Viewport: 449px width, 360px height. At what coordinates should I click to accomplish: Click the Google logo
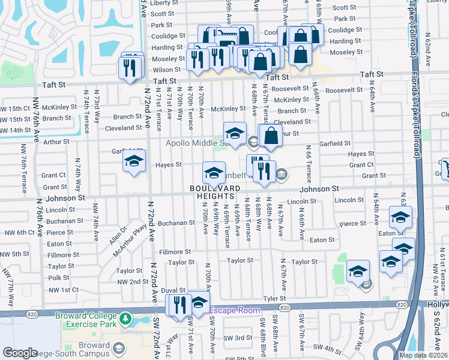click(20, 353)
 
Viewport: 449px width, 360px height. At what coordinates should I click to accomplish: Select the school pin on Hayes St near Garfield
click(134, 161)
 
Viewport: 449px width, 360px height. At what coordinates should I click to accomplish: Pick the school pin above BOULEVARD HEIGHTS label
click(214, 173)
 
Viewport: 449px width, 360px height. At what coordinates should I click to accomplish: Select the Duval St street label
click(173, 290)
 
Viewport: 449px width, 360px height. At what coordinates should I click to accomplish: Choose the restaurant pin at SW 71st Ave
click(178, 305)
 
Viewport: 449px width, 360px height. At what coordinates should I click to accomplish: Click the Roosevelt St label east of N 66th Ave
click(340, 90)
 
